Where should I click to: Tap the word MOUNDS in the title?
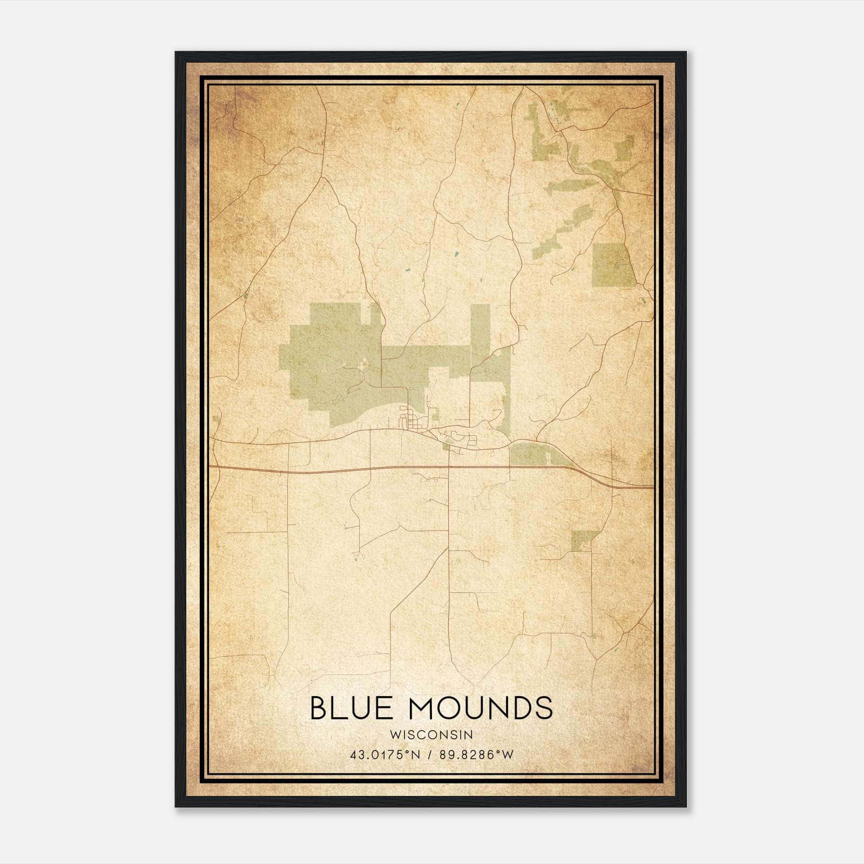[x=481, y=708]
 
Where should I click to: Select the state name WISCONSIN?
[x=431, y=735]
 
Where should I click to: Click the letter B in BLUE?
[x=319, y=708]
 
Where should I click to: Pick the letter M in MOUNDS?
[x=423, y=708]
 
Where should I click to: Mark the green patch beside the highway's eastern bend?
[x=532, y=454]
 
